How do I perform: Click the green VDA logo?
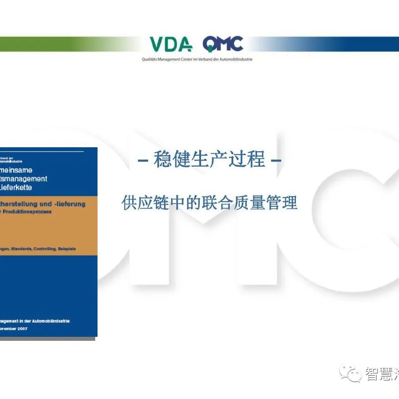[171, 44]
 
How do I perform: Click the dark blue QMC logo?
[223, 44]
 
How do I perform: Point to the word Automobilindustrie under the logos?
[236, 59]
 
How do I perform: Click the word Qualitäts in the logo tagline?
[149, 59]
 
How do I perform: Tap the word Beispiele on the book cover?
[67, 249]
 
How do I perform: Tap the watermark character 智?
[373, 374]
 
